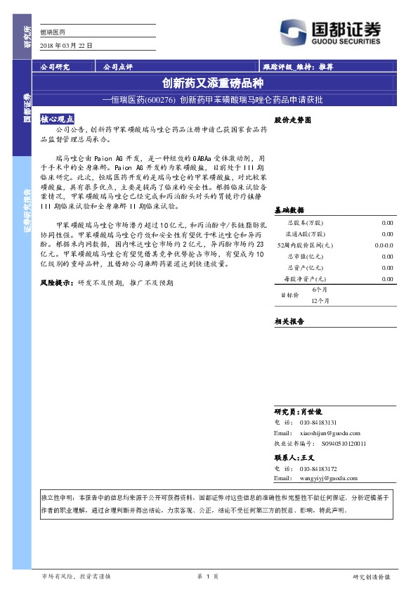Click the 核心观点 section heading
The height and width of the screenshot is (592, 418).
pos(58,120)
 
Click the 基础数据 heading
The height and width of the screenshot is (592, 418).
pos(289,210)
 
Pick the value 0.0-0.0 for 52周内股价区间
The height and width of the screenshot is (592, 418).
pos(384,245)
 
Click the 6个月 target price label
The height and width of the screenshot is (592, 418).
pos(320,289)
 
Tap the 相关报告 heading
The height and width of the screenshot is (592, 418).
pos(289,321)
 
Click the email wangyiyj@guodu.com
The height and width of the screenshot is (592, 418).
pos(329,478)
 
